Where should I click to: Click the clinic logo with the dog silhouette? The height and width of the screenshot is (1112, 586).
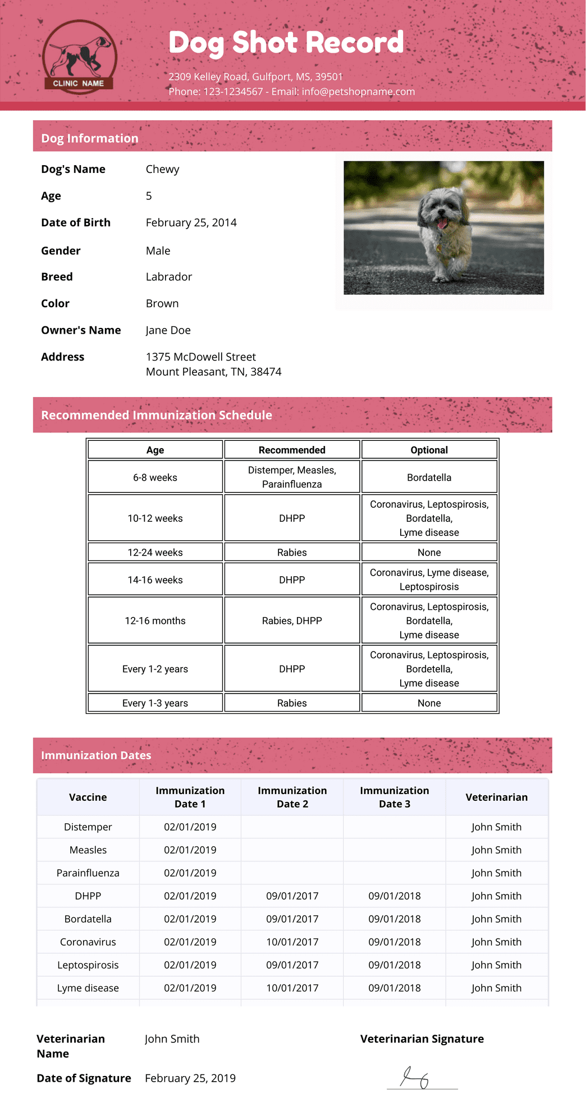click(x=79, y=56)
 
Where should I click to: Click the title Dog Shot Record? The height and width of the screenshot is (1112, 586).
click(x=286, y=43)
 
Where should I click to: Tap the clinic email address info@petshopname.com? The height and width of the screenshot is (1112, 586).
click(x=358, y=92)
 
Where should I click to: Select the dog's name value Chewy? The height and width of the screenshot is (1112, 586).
click(x=162, y=169)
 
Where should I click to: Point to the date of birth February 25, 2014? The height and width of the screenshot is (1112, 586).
click(x=191, y=222)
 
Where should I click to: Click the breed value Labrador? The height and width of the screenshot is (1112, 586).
click(x=168, y=276)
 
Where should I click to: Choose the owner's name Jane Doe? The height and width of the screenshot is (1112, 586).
click(x=168, y=330)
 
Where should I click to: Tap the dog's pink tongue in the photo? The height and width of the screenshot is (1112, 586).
click(x=443, y=224)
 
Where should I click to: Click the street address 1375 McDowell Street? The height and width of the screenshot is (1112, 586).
click(x=200, y=357)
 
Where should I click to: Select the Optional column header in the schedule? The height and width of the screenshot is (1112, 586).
click(x=429, y=450)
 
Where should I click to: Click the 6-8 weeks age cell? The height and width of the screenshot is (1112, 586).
click(x=155, y=477)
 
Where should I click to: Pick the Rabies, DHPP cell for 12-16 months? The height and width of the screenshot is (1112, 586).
click(x=292, y=621)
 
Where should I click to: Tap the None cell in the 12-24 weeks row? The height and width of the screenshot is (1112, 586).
click(x=429, y=553)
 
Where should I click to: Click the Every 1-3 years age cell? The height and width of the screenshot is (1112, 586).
click(x=155, y=703)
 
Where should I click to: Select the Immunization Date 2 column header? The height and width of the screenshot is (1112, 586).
click(x=292, y=797)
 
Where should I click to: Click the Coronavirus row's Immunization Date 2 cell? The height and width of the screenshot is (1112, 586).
click(x=292, y=942)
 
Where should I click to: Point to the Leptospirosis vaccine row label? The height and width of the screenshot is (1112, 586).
click(x=88, y=965)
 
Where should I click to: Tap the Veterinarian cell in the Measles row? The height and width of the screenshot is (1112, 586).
click(x=496, y=850)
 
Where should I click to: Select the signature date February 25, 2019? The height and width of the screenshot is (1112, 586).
click(x=190, y=1078)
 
